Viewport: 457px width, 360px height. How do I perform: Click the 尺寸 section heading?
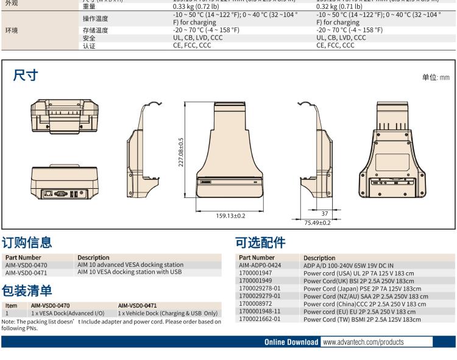(x=25, y=76)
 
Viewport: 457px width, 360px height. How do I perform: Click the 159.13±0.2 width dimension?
(x=231, y=216)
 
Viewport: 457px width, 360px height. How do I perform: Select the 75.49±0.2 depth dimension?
(x=317, y=223)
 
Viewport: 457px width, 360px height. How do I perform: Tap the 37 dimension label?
(x=325, y=213)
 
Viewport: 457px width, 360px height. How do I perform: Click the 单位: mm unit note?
(x=435, y=77)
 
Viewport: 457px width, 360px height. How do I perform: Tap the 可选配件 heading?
(x=260, y=242)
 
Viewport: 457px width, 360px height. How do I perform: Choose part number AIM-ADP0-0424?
(x=260, y=266)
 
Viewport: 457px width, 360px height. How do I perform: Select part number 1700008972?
(x=255, y=303)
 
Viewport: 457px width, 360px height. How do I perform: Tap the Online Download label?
(x=291, y=342)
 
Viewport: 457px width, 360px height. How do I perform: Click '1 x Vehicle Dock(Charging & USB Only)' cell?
(x=168, y=312)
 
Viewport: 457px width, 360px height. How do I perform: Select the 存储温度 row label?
(x=95, y=30)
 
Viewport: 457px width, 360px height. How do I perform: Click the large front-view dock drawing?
(x=231, y=152)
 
